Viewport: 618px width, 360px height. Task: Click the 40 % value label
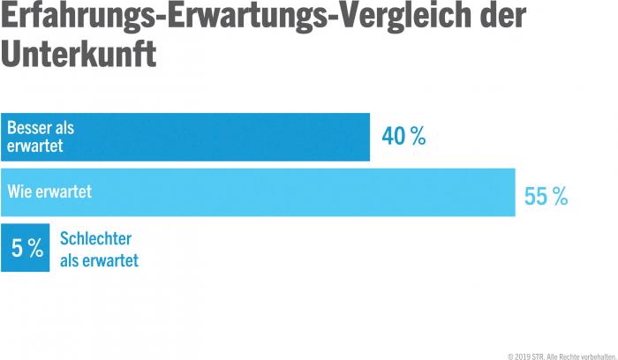(x=403, y=137)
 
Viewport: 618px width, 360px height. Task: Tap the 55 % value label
(x=546, y=196)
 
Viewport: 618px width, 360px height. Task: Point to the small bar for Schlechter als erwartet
(x=26, y=249)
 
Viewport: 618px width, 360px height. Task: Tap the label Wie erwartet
(x=49, y=191)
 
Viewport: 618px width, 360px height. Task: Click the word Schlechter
(x=95, y=238)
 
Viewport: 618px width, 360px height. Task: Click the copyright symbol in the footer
(x=510, y=355)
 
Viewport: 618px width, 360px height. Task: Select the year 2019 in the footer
(x=522, y=355)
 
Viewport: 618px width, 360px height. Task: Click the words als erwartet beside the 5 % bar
(x=99, y=259)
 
